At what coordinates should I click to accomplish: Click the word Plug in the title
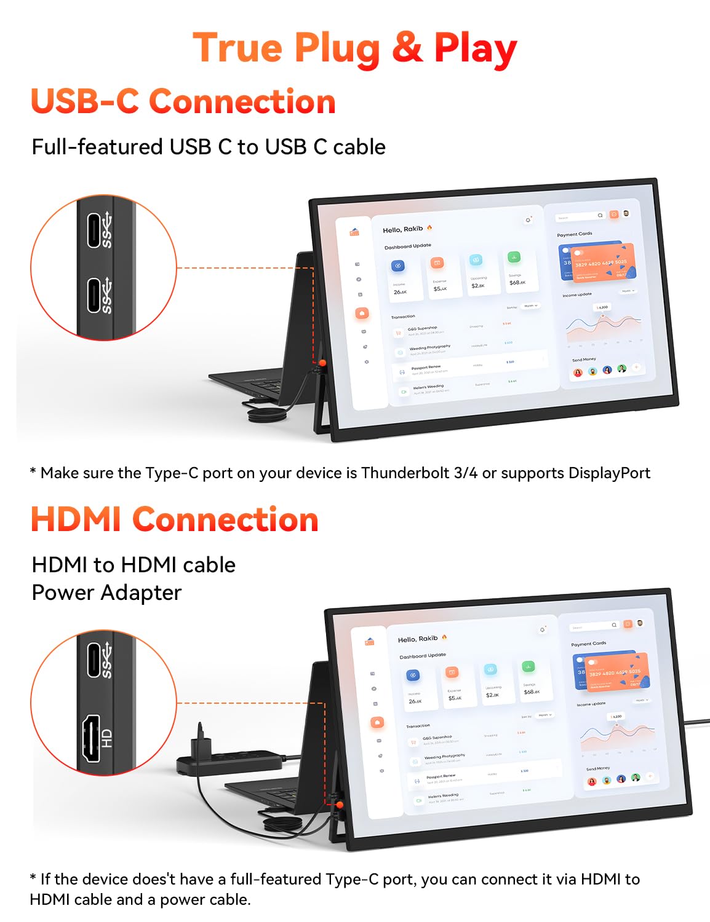point(336,49)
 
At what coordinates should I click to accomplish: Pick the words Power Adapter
point(106,593)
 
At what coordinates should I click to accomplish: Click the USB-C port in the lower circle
point(94,660)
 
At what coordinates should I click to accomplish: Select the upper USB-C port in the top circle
point(94,230)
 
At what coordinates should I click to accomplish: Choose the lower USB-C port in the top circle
point(94,296)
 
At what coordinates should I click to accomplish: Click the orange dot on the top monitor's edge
point(322,364)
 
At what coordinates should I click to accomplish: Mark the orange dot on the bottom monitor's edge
point(339,804)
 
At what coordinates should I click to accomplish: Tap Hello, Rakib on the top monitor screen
point(403,229)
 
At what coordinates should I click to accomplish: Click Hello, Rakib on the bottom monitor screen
point(418,639)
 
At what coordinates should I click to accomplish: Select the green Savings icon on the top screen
point(514,258)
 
